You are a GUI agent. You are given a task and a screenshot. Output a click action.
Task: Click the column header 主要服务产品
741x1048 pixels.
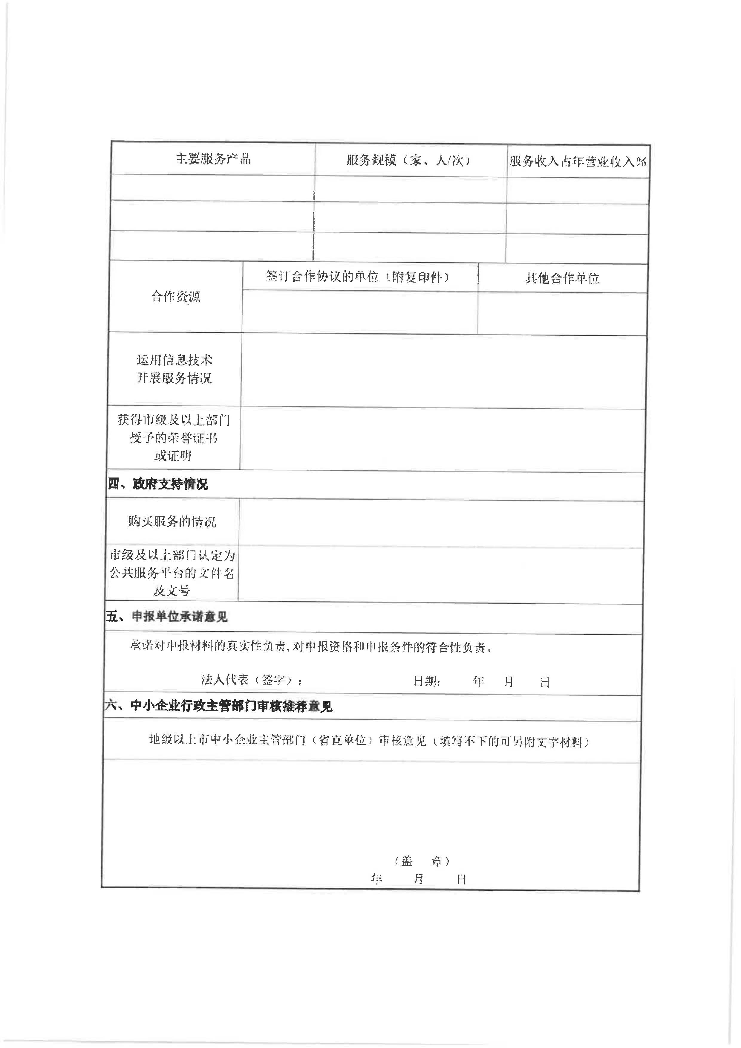pos(213,158)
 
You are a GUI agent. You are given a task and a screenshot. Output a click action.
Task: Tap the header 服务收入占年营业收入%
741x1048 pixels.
pos(578,161)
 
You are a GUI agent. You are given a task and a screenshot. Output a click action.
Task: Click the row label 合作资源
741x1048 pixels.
pos(176,297)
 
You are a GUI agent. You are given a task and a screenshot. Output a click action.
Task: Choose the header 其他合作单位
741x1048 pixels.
pos(562,278)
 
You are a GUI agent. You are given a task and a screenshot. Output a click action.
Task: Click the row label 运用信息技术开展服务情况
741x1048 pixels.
pos(174,369)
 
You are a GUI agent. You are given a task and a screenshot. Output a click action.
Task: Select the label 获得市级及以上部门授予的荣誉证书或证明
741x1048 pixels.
pos(173,438)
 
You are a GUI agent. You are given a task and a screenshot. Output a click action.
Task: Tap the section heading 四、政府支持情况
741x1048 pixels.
pos(158,484)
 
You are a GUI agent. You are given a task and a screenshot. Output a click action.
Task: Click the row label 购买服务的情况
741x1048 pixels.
pos(172,521)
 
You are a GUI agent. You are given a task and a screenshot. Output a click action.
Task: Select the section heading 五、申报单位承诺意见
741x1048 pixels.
pos(166,617)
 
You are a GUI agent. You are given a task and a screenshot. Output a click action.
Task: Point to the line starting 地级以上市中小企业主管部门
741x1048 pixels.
pos(369,741)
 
